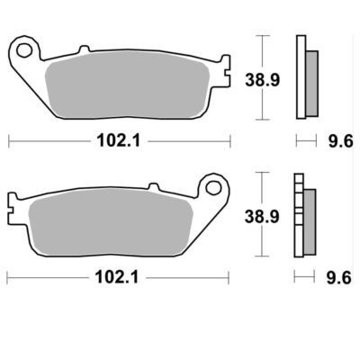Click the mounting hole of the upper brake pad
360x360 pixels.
click(24, 50)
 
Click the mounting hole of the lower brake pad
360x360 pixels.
click(213, 187)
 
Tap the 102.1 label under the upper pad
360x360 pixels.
click(119, 140)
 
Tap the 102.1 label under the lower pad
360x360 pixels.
click(117, 277)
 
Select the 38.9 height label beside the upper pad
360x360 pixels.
click(263, 80)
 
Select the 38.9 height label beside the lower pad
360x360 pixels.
click(262, 217)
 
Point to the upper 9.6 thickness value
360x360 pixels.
click(340, 140)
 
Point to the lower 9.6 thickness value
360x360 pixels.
click(338, 277)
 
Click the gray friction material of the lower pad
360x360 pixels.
click(111, 223)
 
